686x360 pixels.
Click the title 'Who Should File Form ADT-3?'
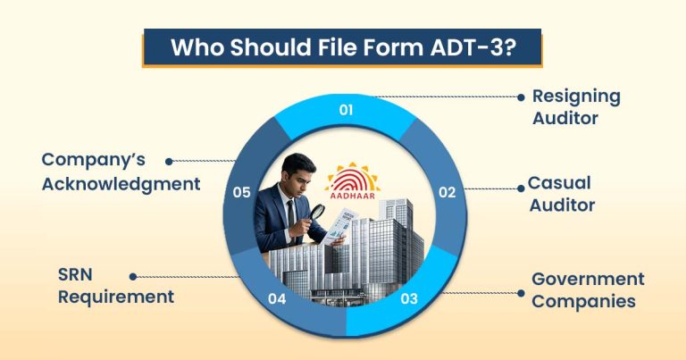[342, 47]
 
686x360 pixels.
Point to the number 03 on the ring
[409, 298]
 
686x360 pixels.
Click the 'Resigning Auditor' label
[575, 106]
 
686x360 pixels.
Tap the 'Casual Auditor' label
[561, 194]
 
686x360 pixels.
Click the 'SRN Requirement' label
[116, 287]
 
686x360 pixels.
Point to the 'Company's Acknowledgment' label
[121, 172]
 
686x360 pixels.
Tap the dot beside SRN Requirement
[133, 277]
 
